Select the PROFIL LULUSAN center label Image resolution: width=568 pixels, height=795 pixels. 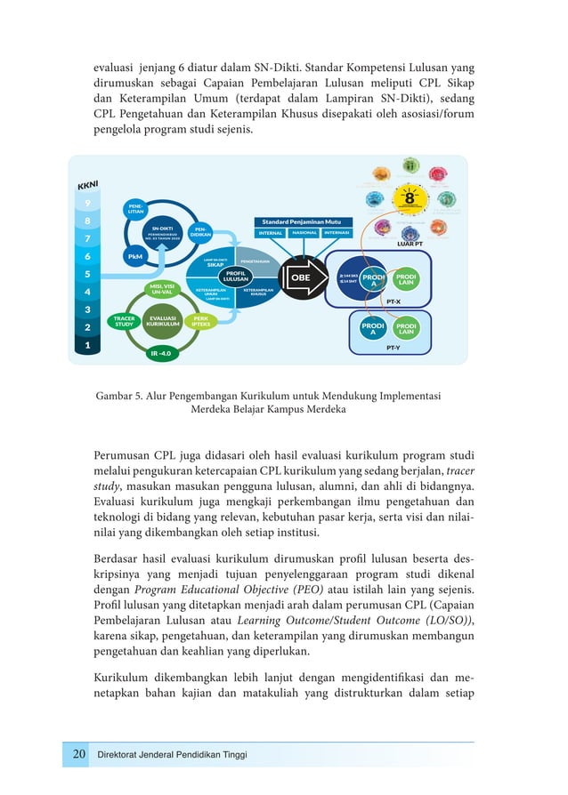tap(235, 276)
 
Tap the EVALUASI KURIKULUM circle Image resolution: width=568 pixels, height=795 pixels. tap(163, 320)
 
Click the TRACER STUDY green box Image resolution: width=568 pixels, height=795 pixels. tap(124, 320)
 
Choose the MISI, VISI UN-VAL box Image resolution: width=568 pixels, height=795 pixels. tap(162, 289)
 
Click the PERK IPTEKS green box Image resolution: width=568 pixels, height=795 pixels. tap(201, 320)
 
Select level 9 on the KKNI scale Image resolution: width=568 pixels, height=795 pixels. tap(86, 203)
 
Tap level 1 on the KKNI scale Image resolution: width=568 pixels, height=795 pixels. tap(86, 345)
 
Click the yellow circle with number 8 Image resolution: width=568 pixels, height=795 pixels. tap(410, 198)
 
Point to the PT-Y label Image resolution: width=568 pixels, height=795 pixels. tap(393, 350)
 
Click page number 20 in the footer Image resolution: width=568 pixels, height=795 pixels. tap(78, 755)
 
